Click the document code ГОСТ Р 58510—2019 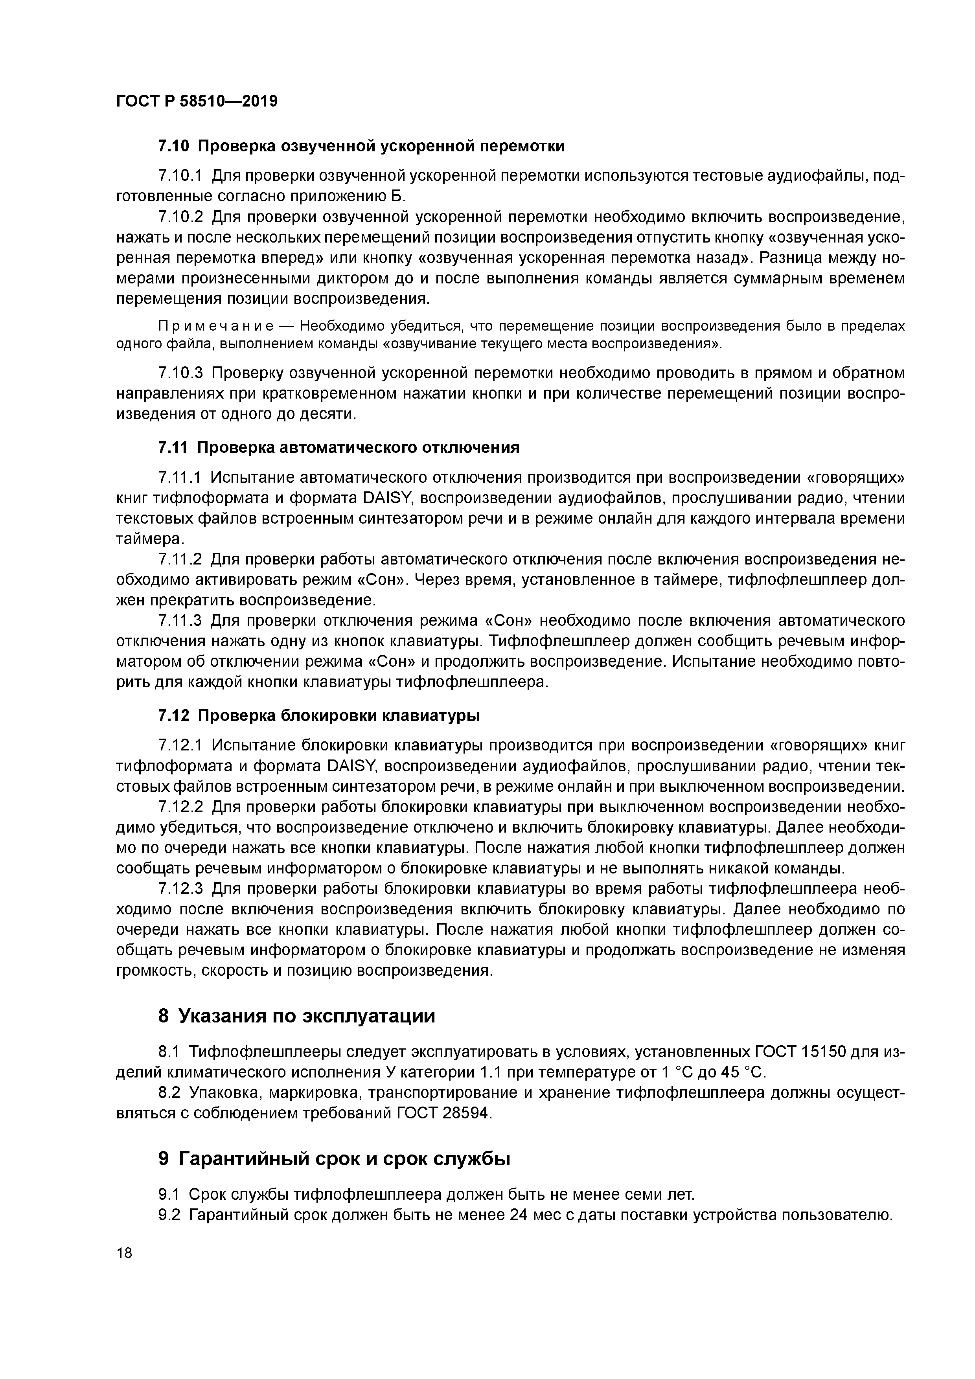pyautogui.click(x=197, y=101)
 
